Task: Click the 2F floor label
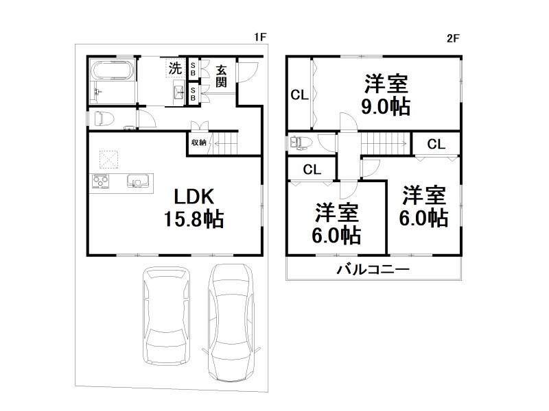(x=453, y=39)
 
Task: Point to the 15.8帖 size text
(x=193, y=219)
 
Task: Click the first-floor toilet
(x=104, y=119)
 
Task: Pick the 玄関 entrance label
(x=221, y=75)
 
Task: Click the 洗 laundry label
(x=176, y=68)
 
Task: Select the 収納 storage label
(x=198, y=142)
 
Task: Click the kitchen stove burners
(x=101, y=182)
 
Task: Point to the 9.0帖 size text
(x=386, y=107)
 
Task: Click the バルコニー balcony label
(x=373, y=269)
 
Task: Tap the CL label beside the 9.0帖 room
(x=299, y=95)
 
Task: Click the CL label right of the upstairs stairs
(x=436, y=144)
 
